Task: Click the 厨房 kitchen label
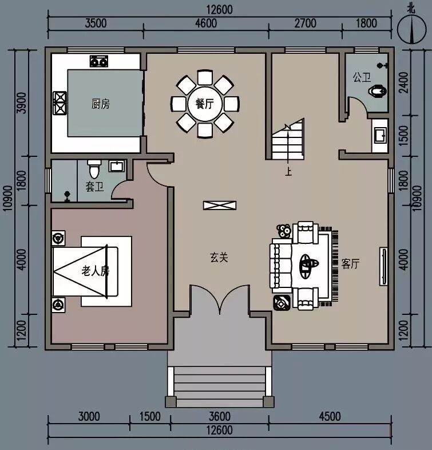[100, 104]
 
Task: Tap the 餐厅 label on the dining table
[204, 104]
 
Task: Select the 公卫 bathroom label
[361, 77]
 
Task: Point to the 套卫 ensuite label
[94, 187]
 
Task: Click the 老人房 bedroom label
[95, 271]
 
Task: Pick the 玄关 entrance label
[219, 258]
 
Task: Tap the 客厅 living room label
[350, 264]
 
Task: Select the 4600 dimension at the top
[206, 23]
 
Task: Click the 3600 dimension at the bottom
[220, 416]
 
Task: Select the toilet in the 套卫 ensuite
[94, 170]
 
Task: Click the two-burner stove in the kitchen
[98, 60]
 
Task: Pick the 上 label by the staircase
[288, 171]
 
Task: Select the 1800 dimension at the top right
[366, 23]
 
